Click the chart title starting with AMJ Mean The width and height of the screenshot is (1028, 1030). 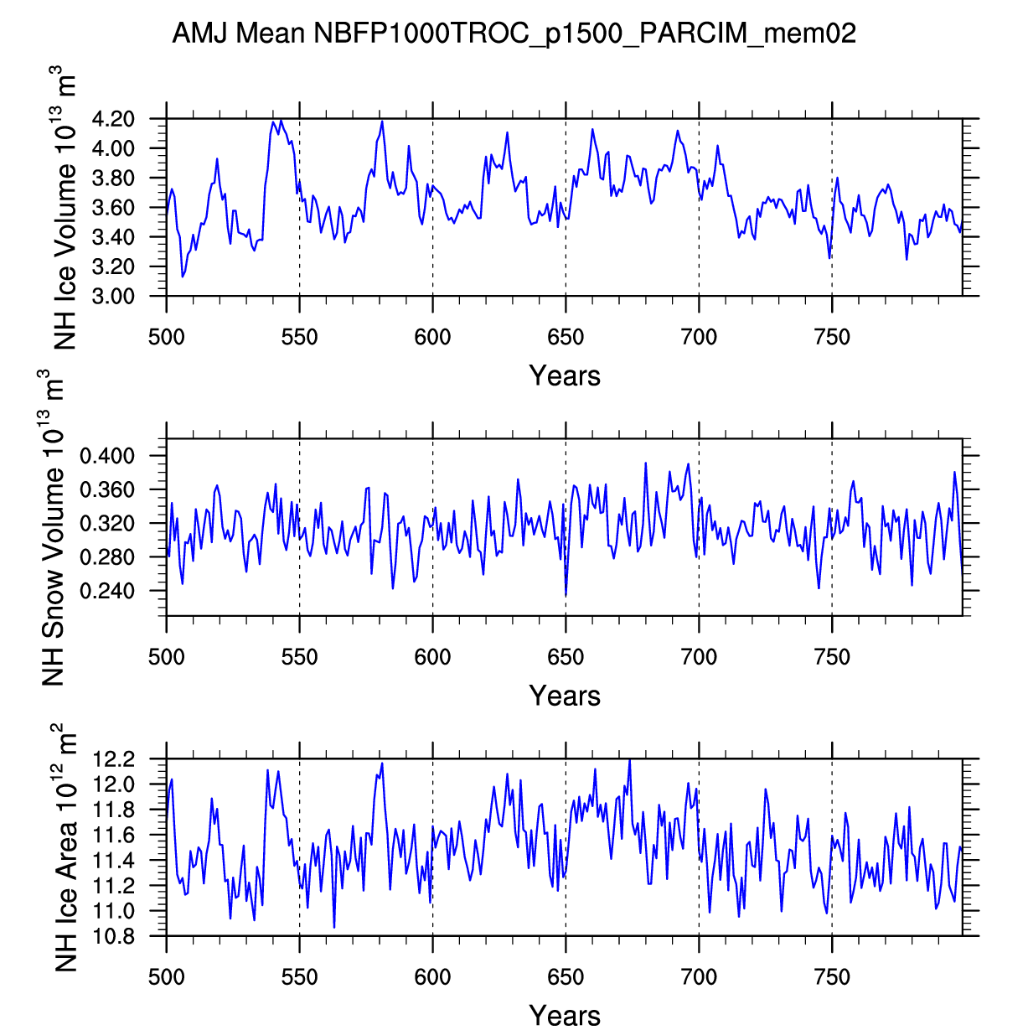pos(514,34)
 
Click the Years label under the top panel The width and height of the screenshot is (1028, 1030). pos(565,376)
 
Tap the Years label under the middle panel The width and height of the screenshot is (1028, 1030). pos(565,696)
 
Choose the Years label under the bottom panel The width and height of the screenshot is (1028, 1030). pos(565,1015)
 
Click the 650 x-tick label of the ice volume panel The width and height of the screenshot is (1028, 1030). pos(566,338)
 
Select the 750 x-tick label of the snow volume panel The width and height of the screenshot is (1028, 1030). pos(832,657)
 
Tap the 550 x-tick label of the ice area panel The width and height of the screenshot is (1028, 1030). pos(299,977)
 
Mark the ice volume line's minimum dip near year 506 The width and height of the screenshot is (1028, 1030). pos(183,277)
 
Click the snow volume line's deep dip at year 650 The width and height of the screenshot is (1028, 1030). pos(566,595)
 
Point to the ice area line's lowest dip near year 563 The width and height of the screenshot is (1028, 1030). pos(334,927)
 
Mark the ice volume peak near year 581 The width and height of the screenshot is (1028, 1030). pos(382,122)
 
